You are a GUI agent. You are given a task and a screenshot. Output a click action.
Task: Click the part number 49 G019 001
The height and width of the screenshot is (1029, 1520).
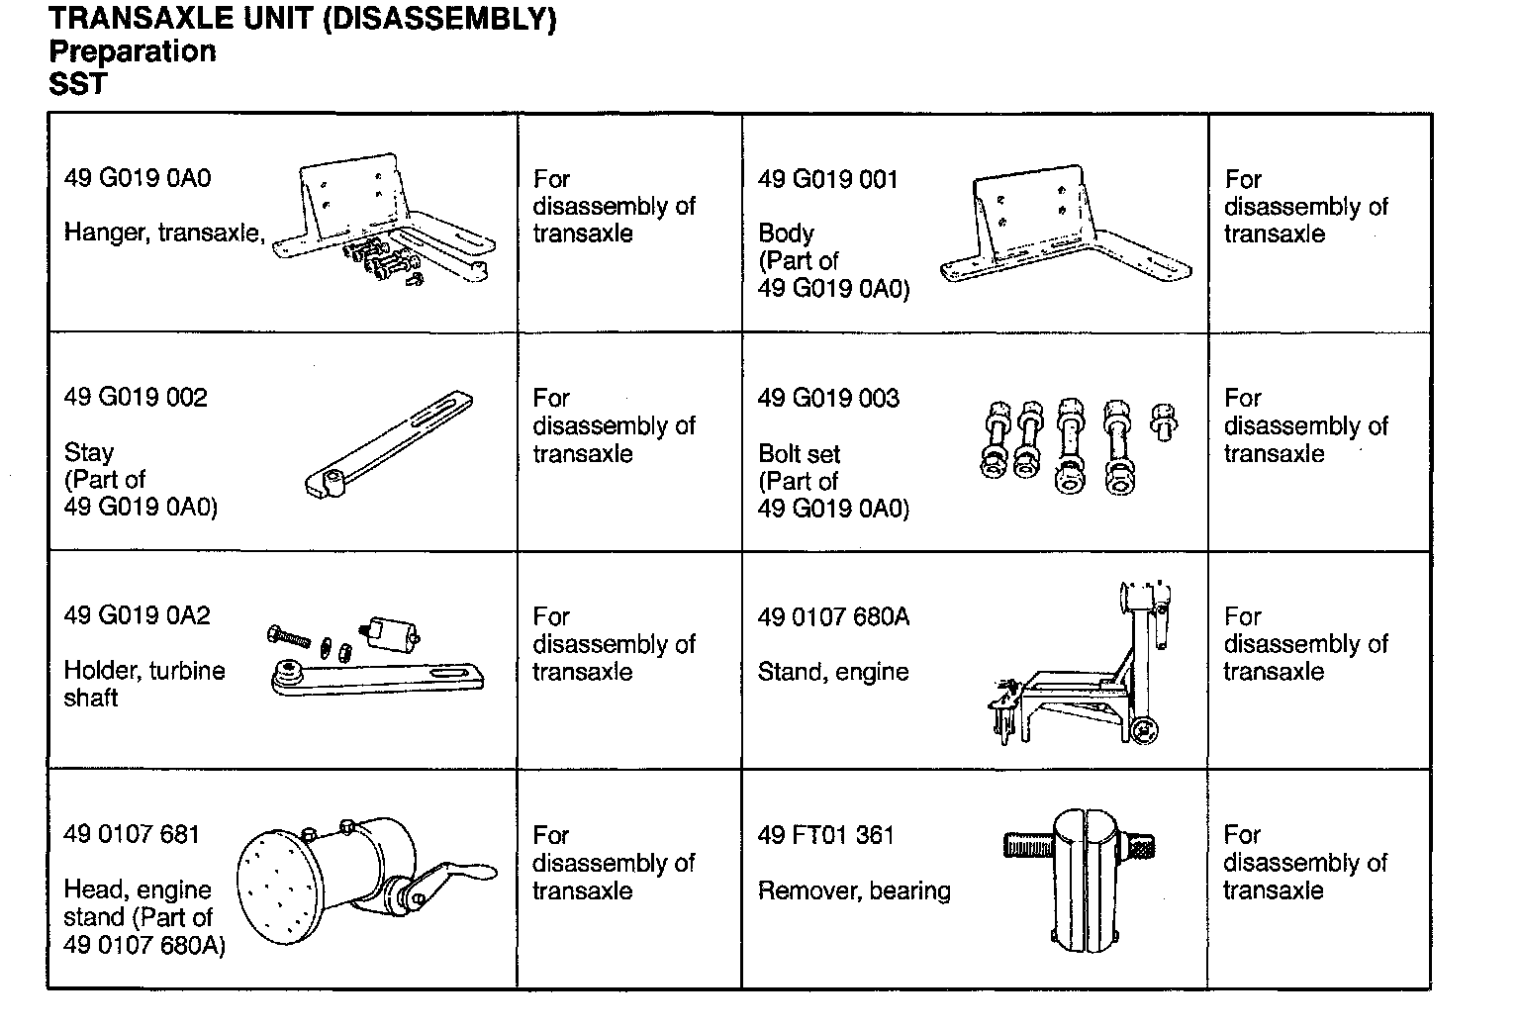(x=827, y=179)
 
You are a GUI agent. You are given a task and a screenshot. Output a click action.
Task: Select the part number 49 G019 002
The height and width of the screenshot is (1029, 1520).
(x=136, y=398)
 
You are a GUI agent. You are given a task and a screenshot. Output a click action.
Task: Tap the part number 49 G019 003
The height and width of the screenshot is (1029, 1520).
(x=828, y=399)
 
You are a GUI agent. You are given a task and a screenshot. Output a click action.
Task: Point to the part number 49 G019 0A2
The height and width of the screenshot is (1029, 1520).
(x=137, y=615)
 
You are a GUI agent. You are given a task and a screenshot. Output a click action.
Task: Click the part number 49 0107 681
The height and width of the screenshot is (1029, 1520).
(x=132, y=834)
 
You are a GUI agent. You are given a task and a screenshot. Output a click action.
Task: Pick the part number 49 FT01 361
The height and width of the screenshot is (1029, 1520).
(x=826, y=835)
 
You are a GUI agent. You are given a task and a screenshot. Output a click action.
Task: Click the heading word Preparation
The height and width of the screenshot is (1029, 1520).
(x=132, y=51)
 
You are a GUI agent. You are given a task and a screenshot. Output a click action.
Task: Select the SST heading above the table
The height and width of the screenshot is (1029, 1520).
(x=77, y=84)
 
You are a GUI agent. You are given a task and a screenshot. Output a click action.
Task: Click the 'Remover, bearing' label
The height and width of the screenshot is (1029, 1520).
(x=854, y=890)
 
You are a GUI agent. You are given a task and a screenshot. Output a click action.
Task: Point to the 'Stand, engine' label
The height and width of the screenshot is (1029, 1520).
(x=833, y=672)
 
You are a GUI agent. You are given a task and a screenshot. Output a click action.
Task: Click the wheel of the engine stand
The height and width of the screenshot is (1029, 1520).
(x=1146, y=730)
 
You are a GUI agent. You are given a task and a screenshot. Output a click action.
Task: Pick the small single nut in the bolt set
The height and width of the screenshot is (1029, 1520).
(x=1165, y=418)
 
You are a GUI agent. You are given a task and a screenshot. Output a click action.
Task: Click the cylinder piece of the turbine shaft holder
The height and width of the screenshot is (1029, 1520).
(x=393, y=631)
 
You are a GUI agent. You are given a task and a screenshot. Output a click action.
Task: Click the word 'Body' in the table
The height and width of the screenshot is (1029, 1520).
(x=786, y=234)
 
